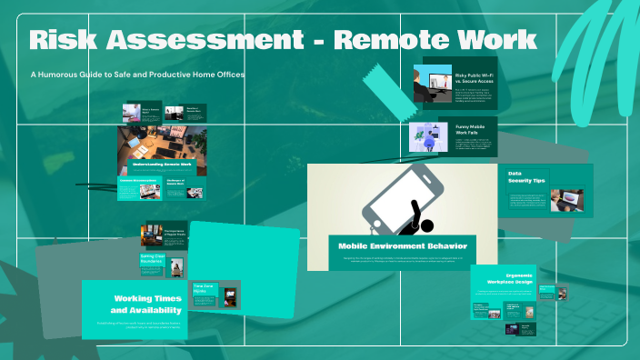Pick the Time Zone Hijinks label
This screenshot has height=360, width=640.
204,285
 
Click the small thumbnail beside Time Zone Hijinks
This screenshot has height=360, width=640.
230,297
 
